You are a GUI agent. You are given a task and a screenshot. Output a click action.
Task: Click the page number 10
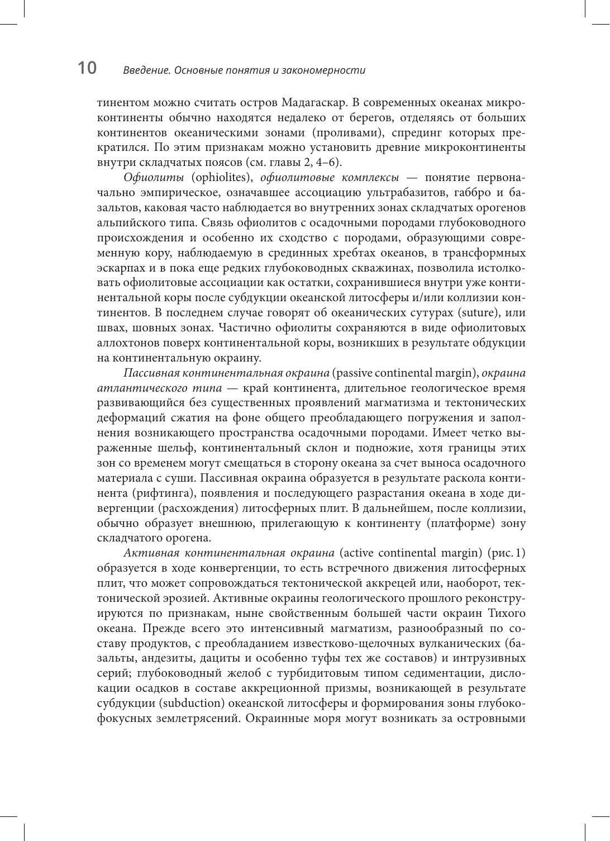tap(87, 68)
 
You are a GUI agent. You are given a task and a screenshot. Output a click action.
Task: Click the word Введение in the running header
tap(145, 70)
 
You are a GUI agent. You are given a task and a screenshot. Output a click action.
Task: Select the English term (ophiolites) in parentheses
tap(223, 178)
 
